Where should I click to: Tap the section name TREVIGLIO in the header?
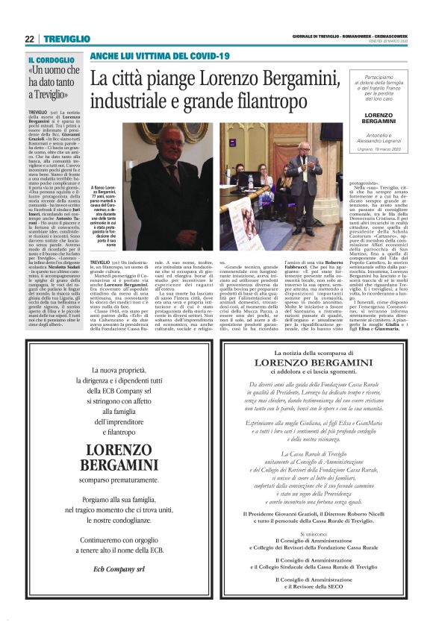tap(66, 39)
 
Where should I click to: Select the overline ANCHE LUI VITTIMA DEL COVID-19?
tap(159, 57)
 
